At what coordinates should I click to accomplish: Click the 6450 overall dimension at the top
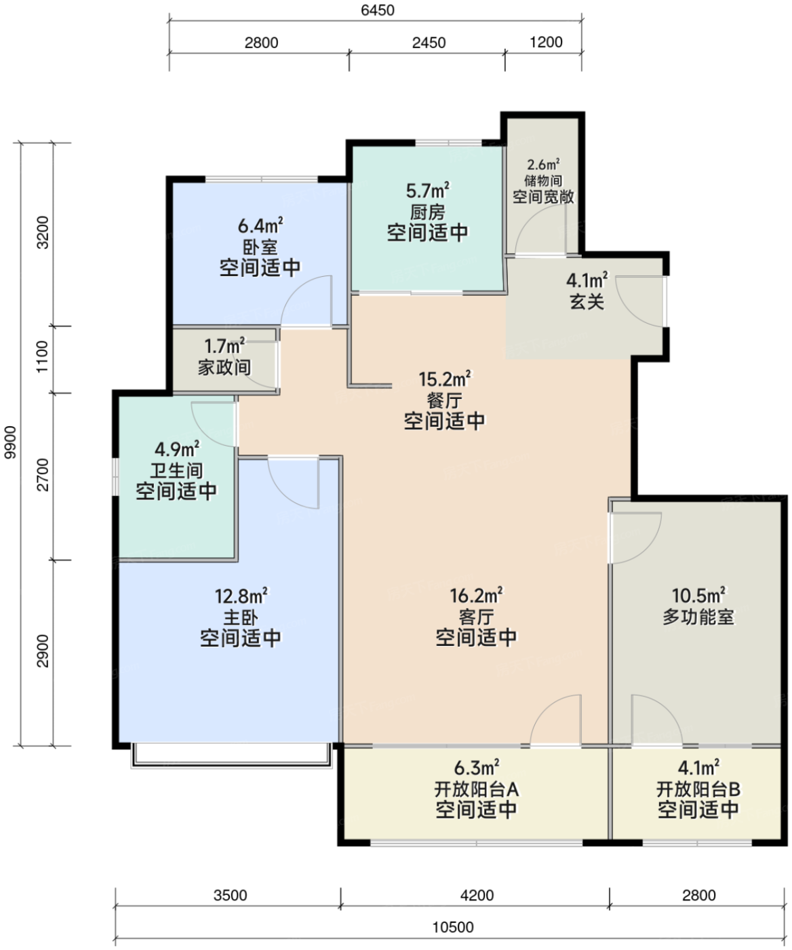[x=378, y=10]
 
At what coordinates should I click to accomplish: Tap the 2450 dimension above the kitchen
[x=429, y=43]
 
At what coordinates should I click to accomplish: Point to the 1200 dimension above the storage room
[x=546, y=42]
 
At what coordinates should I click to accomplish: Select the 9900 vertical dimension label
[x=10, y=442]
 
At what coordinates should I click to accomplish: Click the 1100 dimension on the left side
[x=42, y=357]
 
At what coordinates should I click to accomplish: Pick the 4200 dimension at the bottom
[x=477, y=896]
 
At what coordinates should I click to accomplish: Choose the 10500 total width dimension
[x=453, y=927]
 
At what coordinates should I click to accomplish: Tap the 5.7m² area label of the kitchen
[x=428, y=191]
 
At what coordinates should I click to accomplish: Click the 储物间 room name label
[x=543, y=180]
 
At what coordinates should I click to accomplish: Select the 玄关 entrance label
[x=587, y=302]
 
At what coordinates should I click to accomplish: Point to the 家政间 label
[x=224, y=367]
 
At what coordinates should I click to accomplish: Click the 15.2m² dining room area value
[x=445, y=379]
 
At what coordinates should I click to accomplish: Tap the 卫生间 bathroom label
[x=176, y=470]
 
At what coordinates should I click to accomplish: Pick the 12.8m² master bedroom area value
[x=241, y=596]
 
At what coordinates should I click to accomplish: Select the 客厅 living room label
[x=476, y=617]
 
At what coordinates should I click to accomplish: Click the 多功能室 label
[x=698, y=617]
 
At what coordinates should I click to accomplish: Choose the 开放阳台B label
[x=698, y=789]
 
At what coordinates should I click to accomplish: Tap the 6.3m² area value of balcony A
[x=476, y=767]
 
